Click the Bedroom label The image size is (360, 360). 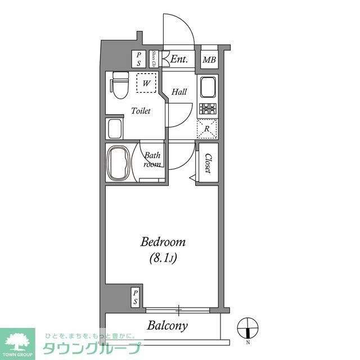click(x=163, y=242)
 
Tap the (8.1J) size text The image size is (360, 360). click(x=163, y=259)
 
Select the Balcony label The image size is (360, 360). click(x=167, y=325)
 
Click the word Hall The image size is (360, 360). click(x=179, y=92)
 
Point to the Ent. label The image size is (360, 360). click(x=179, y=59)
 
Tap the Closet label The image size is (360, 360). click(x=208, y=163)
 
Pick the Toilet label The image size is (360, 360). click(x=141, y=111)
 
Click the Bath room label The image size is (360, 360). click(x=152, y=160)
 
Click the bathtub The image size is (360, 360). click(x=119, y=163)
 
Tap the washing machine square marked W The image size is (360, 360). click(x=147, y=84)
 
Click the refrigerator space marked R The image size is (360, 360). click(x=207, y=129)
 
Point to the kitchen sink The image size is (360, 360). click(x=207, y=87)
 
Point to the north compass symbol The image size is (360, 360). click(x=247, y=327)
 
